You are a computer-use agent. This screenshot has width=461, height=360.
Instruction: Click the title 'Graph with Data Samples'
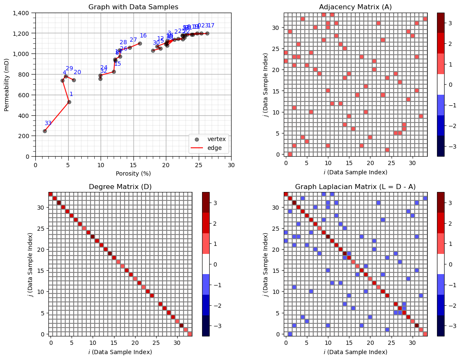(133, 7)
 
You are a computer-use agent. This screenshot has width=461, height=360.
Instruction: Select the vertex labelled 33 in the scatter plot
(45, 131)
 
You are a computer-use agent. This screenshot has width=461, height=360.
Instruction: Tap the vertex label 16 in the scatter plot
(143, 36)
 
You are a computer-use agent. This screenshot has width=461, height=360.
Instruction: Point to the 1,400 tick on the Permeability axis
(21, 13)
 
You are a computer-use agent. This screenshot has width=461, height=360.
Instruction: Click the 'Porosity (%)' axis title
(133, 173)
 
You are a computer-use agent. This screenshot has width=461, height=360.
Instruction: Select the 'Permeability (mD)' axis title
(7, 85)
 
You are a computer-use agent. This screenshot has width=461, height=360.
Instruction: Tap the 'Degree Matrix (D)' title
(120, 187)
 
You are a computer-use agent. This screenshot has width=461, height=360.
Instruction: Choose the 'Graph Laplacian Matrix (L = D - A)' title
(355, 187)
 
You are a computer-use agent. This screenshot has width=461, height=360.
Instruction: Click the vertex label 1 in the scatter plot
(71, 94)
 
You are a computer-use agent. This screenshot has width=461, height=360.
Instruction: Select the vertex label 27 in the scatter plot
(133, 40)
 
